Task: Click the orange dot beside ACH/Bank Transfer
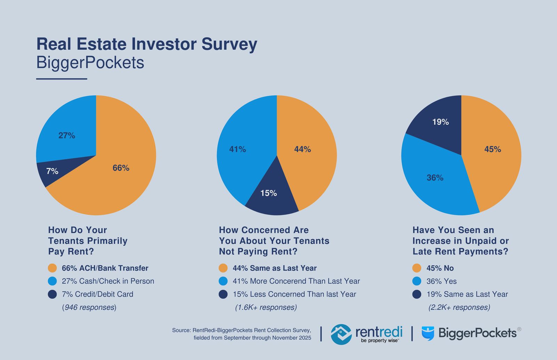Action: point(52,268)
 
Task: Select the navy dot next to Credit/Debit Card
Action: point(52,294)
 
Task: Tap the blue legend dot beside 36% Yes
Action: point(417,281)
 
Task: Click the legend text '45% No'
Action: point(440,268)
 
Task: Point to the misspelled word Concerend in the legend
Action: point(286,281)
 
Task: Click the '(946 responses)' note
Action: point(89,307)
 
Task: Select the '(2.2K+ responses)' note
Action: point(459,307)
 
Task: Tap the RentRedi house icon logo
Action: point(341,334)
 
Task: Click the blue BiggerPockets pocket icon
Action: point(428,333)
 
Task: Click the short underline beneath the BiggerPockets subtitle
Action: point(62,79)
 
